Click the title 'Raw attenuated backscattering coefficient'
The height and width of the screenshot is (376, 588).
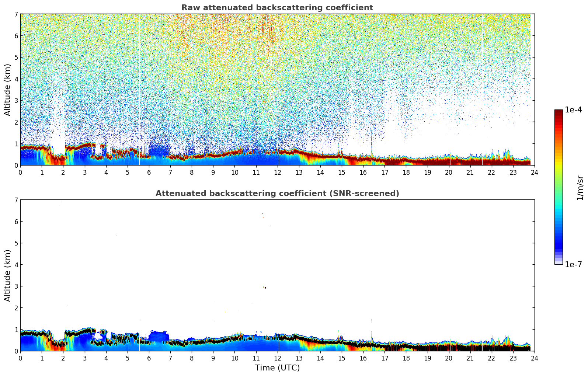point(277,8)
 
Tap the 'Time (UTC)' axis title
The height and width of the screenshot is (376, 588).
point(277,368)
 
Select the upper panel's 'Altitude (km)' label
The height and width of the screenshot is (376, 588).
point(8,90)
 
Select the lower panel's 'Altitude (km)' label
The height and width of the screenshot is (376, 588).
point(8,275)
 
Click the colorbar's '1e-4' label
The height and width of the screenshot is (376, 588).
point(573,110)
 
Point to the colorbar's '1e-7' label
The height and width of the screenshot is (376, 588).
point(573,265)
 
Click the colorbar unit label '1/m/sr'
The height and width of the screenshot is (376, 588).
point(580,188)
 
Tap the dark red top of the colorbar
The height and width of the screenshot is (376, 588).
point(559,111)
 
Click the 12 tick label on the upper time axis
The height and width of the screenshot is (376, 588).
point(277,173)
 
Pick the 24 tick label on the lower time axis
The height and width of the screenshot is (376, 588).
point(535,358)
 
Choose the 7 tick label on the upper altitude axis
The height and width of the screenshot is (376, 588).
point(16,14)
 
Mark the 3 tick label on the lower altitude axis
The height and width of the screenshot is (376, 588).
point(16,286)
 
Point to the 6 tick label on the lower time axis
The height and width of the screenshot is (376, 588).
point(149,358)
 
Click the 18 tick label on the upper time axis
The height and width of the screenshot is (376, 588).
point(406,173)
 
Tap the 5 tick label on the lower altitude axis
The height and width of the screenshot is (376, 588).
point(16,243)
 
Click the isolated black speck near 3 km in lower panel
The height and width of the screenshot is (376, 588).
point(264,287)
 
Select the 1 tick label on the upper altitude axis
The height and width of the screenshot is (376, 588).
point(16,144)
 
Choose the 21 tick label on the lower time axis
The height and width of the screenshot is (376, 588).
point(470,358)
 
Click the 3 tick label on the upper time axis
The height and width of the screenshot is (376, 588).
point(85,173)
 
